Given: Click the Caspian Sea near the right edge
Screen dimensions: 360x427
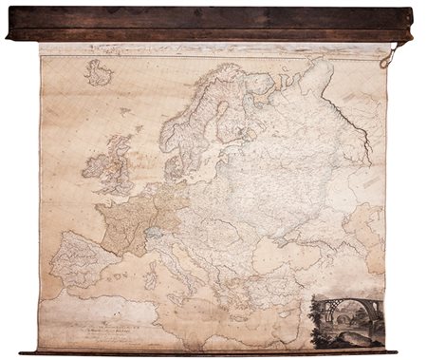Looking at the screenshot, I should click(365, 228).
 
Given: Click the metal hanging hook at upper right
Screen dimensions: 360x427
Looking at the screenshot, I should click(387, 59).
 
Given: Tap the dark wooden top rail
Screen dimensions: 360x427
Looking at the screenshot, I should click(209, 23).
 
